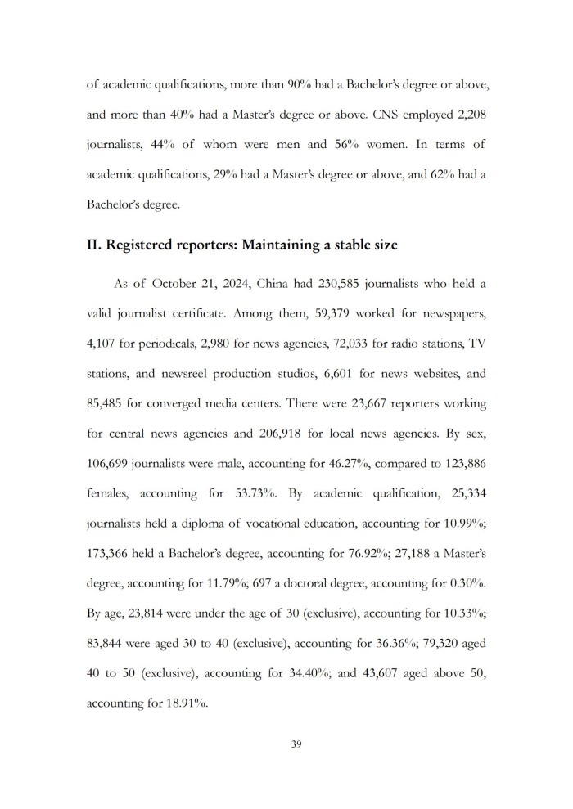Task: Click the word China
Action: point(274,284)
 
